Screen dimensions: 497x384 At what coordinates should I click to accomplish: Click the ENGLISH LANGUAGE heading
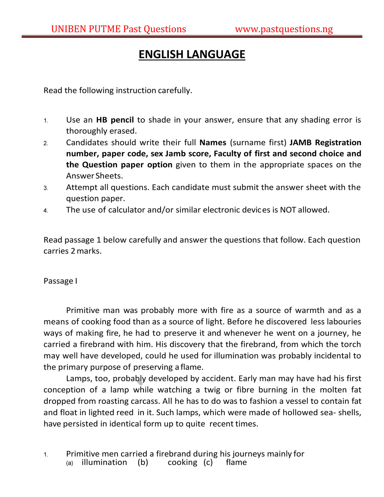(x=192, y=54)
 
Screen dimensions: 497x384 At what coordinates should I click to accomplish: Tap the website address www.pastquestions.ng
(x=284, y=29)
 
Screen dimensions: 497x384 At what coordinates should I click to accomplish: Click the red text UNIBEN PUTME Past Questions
(x=119, y=29)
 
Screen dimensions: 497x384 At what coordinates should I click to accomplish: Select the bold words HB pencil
(x=115, y=120)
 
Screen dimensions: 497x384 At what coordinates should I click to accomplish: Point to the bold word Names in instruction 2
(x=213, y=143)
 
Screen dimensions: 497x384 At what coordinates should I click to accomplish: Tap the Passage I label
(x=60, y=281)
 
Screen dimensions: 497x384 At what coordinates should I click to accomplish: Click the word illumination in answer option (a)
(x=104, y=462)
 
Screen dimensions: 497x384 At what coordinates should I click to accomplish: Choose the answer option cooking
(x=182, y=462)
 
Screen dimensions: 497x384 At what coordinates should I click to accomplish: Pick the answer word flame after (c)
(x=236, y=462)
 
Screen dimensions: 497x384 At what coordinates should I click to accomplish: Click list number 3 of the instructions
(x=46, y=188)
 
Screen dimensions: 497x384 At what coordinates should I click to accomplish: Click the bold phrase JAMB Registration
(x=325, y=143)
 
